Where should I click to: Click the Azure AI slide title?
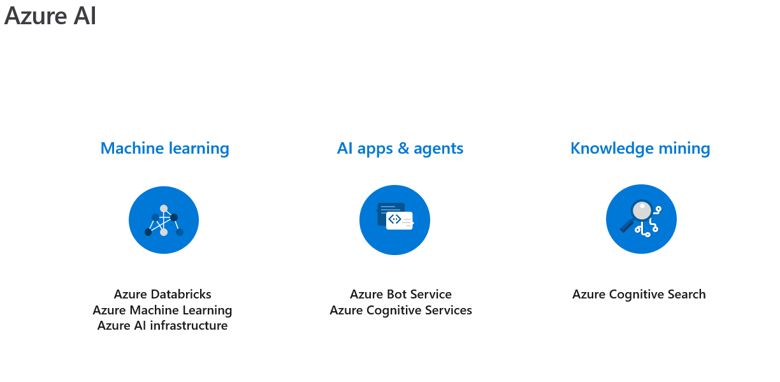coord(50,16)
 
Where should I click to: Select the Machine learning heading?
coord(164,149)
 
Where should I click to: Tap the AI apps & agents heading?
coord(400,149)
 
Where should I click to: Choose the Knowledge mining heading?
coord(640,149)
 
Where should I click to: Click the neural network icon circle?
coord(164,220)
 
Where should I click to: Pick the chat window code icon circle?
coord(394,220)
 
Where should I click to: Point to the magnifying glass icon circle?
coord(641,219)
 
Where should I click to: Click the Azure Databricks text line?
coord(162,294)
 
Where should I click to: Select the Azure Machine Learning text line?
coord(162,310)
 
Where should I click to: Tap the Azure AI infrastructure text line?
coord(162,325)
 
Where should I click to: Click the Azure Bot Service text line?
coord(401,294)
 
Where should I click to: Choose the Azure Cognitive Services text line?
coord(401,310)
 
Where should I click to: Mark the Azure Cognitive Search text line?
coord(639,295)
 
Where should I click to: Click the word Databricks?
coord(181,294)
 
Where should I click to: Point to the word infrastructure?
coord(189,325)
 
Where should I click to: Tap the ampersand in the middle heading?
coord(403,149)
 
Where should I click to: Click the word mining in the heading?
coord(684,149)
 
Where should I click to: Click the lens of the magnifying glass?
coord(642,210)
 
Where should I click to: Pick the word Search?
coord(687,294)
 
